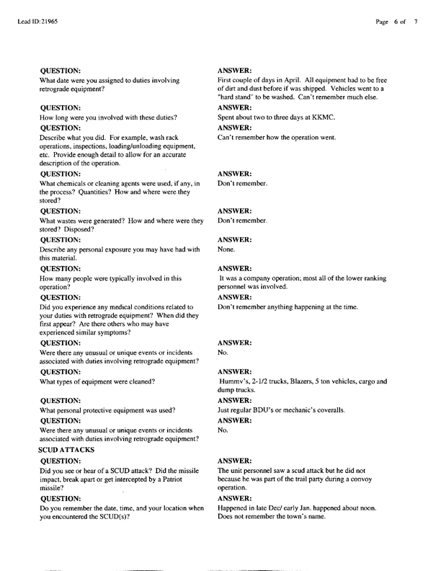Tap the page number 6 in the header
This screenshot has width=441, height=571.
coord(396,22)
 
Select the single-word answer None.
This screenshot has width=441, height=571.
coord(227,249)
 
